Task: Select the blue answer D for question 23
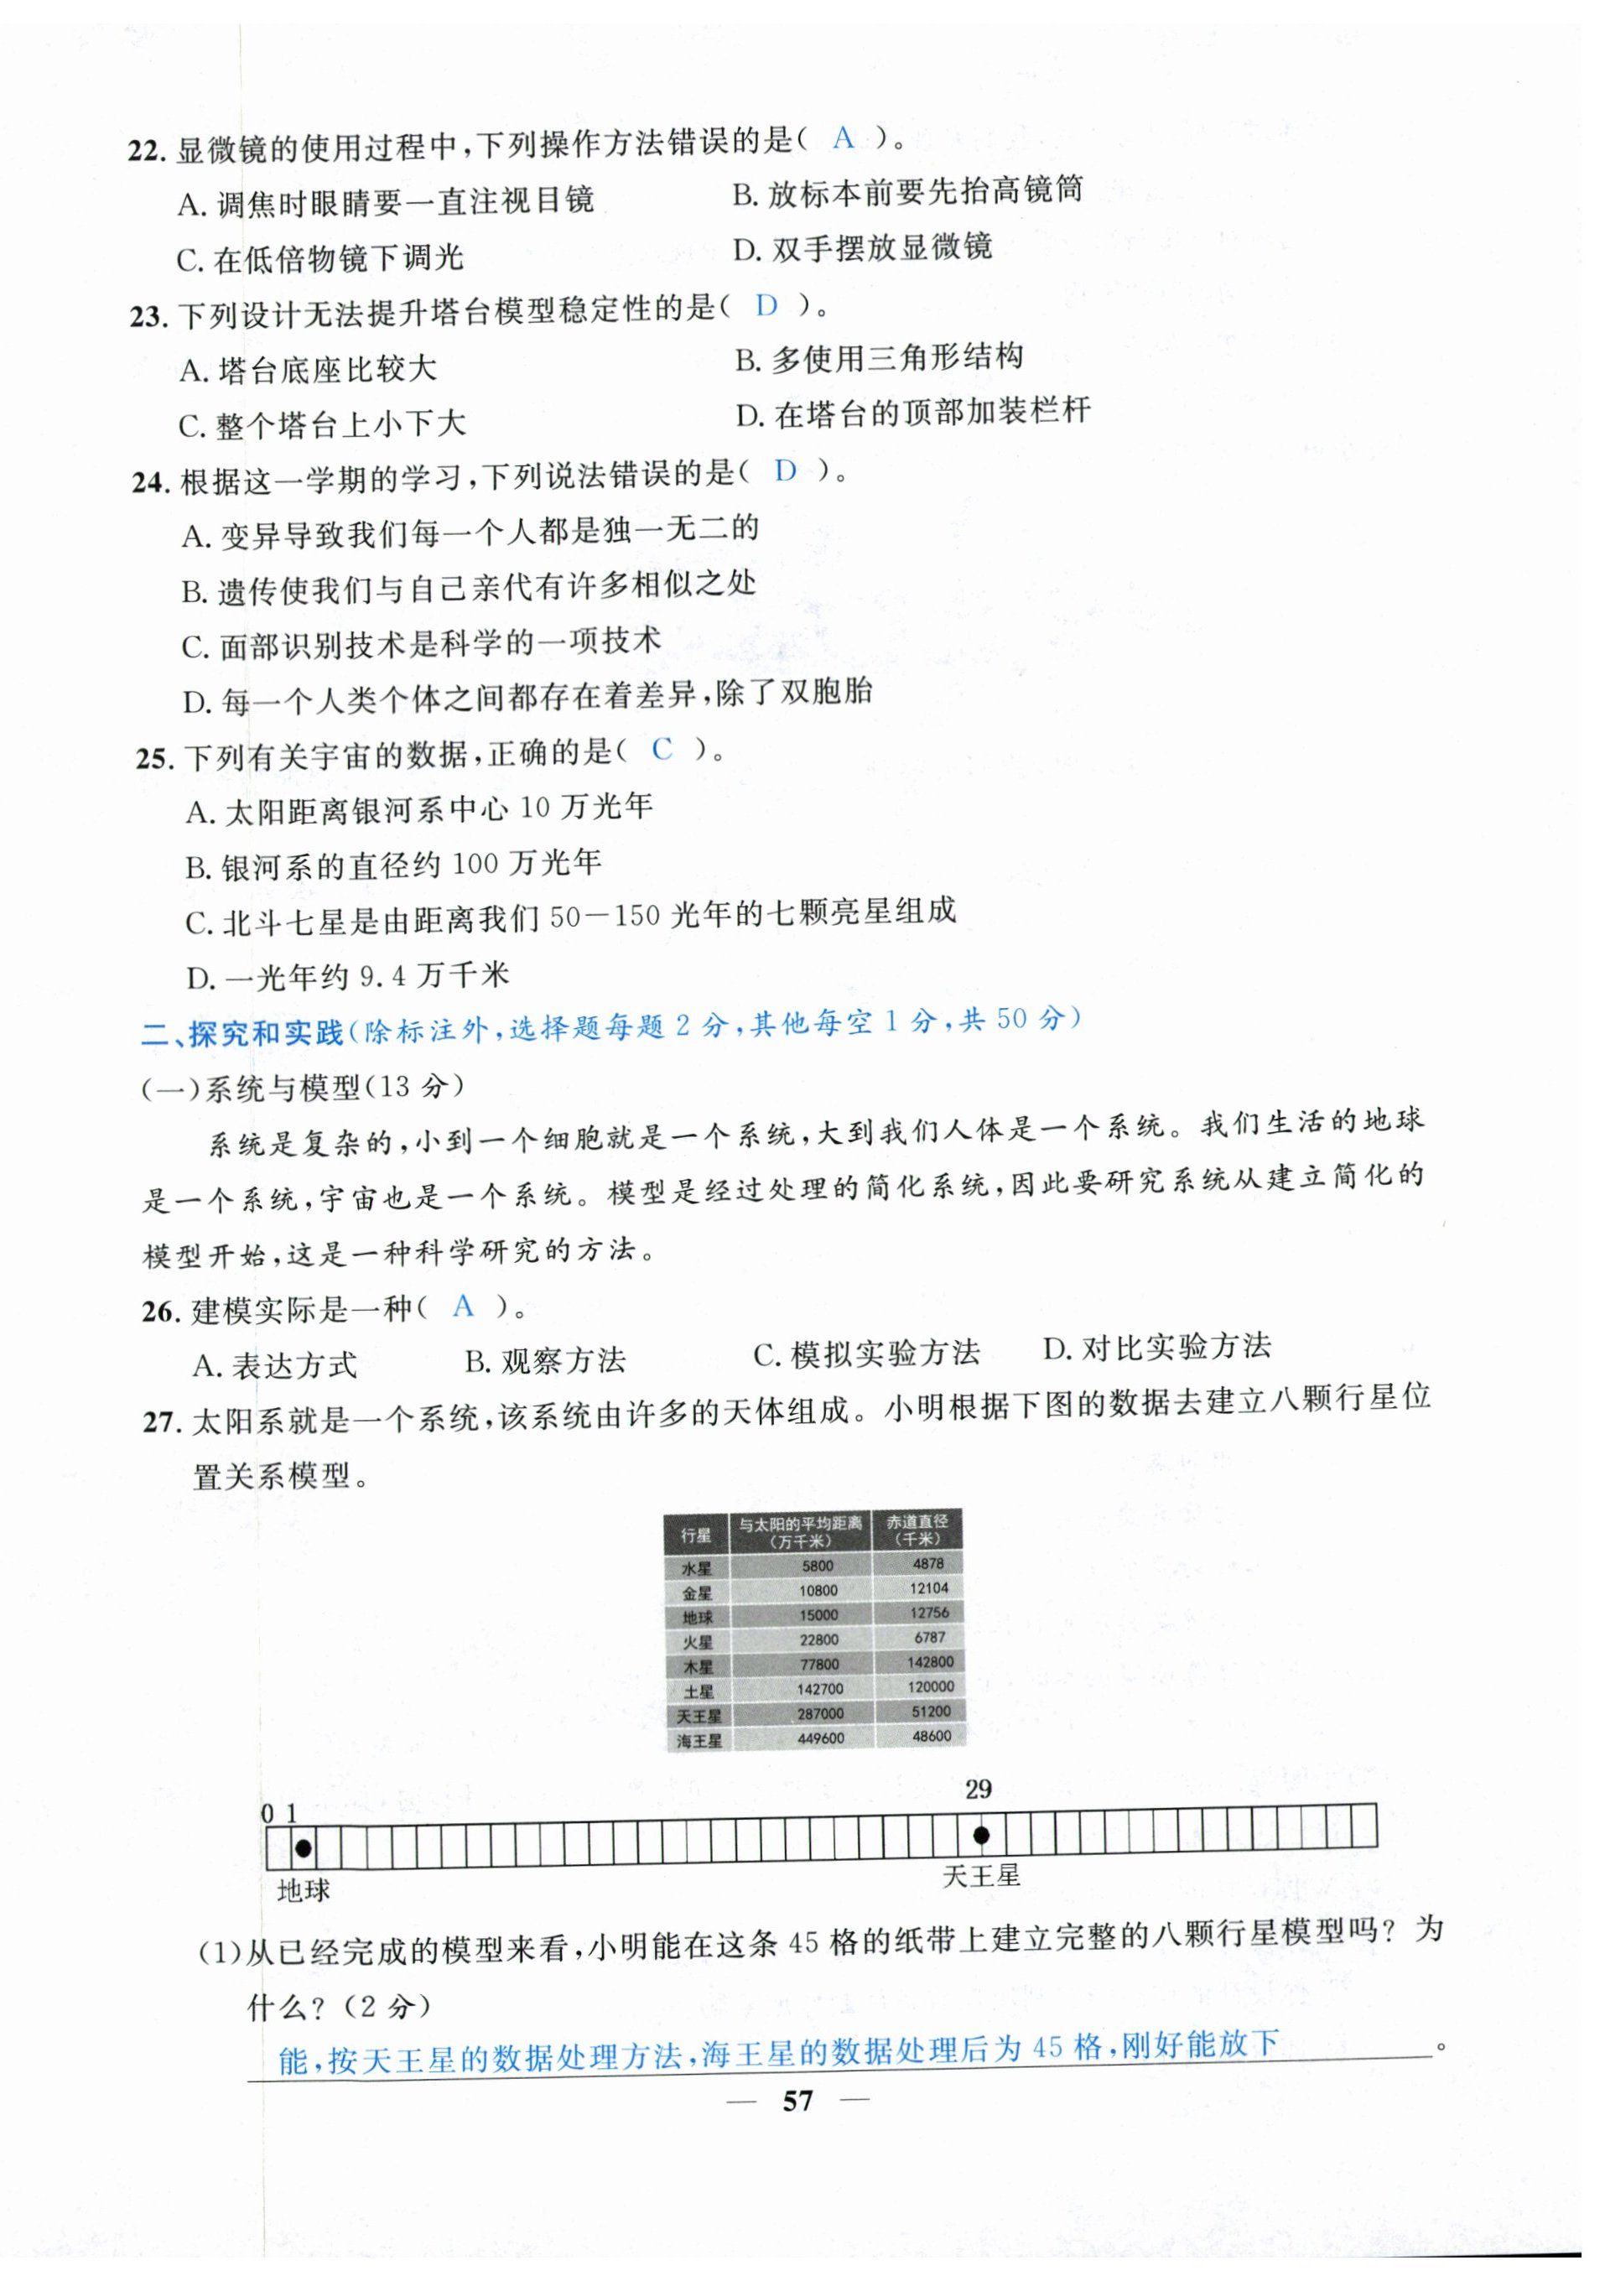(766, 306)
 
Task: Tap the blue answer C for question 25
(662, 749)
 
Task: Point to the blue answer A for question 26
(463, 1306)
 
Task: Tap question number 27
(162, 1422)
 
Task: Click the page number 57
(797, 2100)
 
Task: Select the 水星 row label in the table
(696, 1567)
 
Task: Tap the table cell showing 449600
(820, 1738)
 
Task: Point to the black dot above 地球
(304, 1847)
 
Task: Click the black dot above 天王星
(980, 1835)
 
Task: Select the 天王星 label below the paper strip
(980, 1876)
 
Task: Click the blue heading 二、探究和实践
(242, 1033)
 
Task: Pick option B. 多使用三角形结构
(879, 359)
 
